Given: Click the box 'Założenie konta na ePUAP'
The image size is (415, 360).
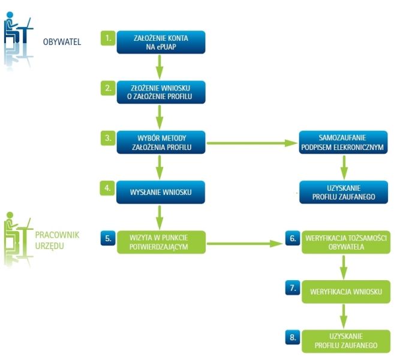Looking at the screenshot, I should [x=161, y=41].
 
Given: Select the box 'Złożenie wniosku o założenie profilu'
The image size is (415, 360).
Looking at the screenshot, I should [x=161, y=91].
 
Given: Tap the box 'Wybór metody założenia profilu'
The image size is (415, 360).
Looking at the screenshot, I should [x=161, y=142].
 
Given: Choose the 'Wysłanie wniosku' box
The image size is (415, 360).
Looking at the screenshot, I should [x=161, y=192].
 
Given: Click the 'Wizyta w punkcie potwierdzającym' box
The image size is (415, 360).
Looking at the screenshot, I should [x=161, y=241].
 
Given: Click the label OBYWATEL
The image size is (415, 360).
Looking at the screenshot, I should [x=62, y=42].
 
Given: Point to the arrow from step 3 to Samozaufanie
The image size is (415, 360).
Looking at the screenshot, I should [x=252, y=143].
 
